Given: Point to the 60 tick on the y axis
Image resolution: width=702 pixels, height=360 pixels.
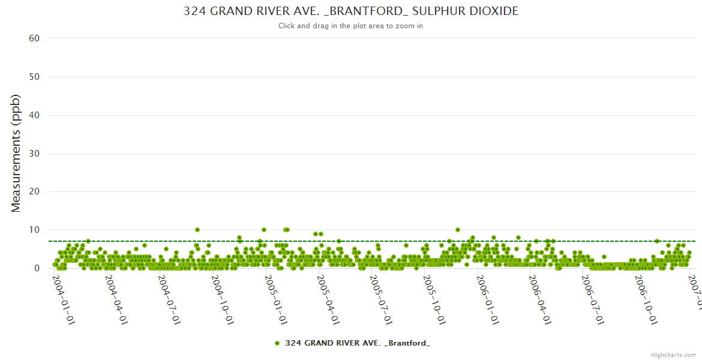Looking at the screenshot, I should [34, 38].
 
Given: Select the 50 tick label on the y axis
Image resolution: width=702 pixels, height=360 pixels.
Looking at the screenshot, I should [34, 77].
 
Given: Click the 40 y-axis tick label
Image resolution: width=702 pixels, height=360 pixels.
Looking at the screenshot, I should [34, 115].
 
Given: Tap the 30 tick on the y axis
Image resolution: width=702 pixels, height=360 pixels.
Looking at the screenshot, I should [34, 154].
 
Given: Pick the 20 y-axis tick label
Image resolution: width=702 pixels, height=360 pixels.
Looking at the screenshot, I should [34, 192].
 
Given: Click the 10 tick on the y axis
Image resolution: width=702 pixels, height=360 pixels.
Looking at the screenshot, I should [34, 230].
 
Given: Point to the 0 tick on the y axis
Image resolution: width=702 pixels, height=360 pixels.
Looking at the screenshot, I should [37, 268].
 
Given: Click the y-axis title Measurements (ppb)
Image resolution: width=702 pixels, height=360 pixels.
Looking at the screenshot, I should [16, 153].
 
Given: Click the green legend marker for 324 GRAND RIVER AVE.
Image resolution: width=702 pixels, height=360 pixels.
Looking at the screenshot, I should [277, 343].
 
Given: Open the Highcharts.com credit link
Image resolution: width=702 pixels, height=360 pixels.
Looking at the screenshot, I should [674, 355].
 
